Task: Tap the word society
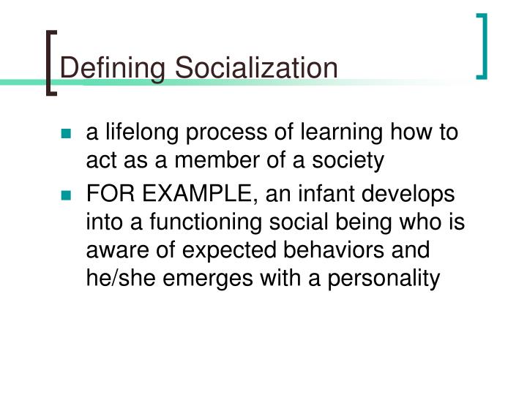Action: coord(348,161)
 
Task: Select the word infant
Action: coord(324,195)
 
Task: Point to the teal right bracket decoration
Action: coord(482,45)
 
